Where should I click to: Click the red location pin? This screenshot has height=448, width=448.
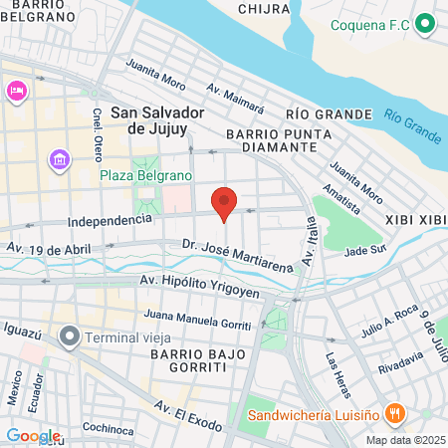click(225, 202)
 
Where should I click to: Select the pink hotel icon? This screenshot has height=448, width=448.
click(17, 91)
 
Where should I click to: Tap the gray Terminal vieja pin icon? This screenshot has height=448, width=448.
click(69, 336)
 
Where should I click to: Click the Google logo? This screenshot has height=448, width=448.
click(33, 435)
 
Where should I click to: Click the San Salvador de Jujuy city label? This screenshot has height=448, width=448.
click(157, 119)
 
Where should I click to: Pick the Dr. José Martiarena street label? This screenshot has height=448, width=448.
click(238, 253)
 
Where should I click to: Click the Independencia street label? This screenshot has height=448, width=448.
click(102, 221)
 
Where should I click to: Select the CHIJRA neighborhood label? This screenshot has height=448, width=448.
click(263, 9)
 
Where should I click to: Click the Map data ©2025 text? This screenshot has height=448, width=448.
click(404, 440)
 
